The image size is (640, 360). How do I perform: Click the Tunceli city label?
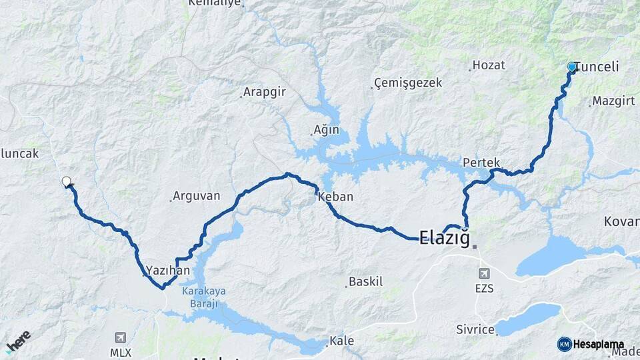(x=597, y=67)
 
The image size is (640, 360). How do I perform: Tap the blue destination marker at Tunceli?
(x=571, y=67)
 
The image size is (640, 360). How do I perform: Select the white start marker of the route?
(x=66, y=181)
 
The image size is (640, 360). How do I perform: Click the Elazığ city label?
(x=445, y=237)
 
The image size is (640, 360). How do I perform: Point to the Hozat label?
(x=490, y=65)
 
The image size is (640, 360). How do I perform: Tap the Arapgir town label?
(x=265, y=92)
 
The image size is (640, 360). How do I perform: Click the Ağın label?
(x=327, y=130)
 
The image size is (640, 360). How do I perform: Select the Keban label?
(x=336, y=197)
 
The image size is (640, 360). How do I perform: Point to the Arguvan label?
(x=197, y=197)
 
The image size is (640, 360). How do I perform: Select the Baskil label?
(x=367, y=282)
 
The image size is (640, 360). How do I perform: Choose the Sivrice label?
(x=475, y=329)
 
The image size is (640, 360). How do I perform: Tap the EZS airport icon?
(x=483, y=273)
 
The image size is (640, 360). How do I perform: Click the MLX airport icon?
(x=120, y=337)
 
